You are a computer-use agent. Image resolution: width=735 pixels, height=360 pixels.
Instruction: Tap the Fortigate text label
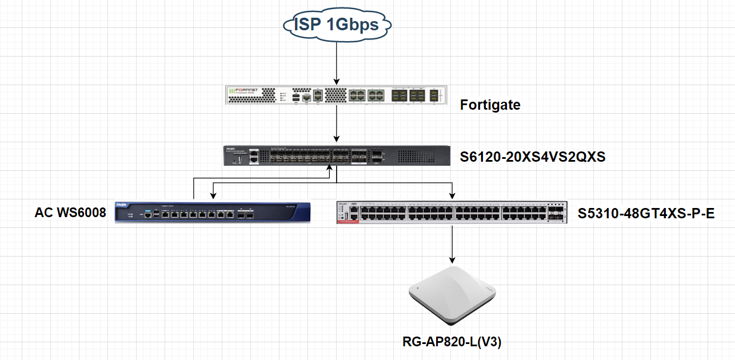(490, 105)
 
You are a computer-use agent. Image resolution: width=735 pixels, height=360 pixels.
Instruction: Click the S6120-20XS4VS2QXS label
(532, 157)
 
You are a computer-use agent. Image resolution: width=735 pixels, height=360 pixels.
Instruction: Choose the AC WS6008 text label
(70, 213)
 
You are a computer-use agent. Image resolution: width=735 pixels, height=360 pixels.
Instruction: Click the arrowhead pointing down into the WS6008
(213, 196)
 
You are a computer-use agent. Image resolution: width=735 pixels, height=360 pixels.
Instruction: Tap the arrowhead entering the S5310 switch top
(452, 196)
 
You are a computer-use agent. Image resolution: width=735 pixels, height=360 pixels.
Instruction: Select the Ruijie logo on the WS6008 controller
(122, 205)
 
